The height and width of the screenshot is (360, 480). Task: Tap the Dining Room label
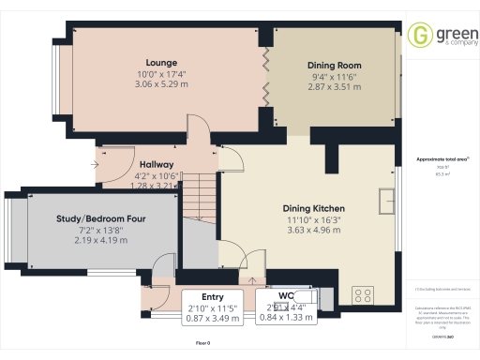coord(335,66)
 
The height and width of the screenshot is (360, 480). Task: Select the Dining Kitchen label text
coord(314,207)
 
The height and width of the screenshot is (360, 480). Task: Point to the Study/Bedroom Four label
coord(100,217)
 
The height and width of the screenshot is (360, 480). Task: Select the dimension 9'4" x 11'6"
coord(335,76)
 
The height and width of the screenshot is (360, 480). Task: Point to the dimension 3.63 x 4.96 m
coord(314,230)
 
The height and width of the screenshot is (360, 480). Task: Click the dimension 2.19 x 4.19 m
coord(100,240)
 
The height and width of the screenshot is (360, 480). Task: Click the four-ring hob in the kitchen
coord(362,297)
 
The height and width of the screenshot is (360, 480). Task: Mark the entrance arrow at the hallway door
coord(97,163)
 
